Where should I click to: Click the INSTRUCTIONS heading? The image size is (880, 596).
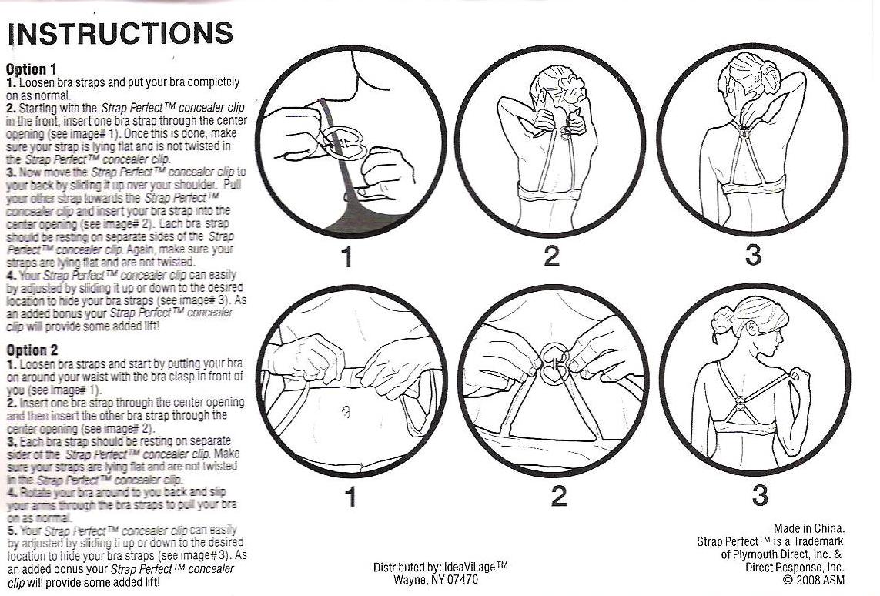(x=120, y=34)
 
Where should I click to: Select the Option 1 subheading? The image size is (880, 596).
(x=32, y=69)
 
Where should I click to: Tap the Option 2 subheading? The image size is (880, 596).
(x=32, y=350)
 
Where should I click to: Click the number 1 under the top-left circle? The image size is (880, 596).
(x=347, y=257)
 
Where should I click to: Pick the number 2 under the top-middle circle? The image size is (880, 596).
(x=552, y=256)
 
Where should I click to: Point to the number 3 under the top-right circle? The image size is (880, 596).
(x=753, y=254)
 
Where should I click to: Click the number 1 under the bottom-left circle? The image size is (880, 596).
(x=351, y=497)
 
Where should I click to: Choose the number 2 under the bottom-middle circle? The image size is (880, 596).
(x=558, y=496)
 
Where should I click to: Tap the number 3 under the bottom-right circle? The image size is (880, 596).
(x=759, y=495)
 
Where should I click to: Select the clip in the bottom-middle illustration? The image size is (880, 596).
(x=554, y=363)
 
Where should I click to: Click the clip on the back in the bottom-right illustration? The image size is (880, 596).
(x=741, y=402)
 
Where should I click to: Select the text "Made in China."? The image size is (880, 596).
(x=808, y=529)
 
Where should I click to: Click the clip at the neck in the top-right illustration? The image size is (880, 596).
(x=743, y=136)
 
